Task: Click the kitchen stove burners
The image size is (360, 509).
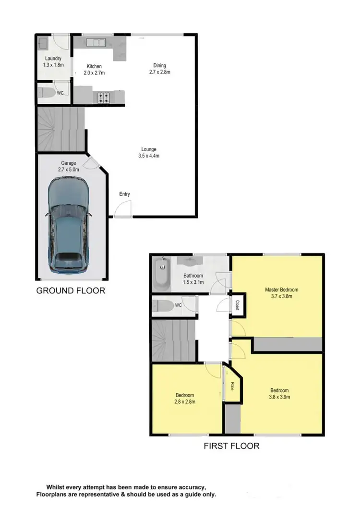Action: (103, 98)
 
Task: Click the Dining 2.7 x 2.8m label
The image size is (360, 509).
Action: (160, 69)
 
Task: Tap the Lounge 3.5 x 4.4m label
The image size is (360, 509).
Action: (148, 152)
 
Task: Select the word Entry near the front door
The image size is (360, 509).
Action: (125, 194)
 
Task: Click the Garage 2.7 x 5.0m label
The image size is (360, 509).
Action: (68, 166)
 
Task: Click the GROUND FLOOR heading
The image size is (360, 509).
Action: (71, 291)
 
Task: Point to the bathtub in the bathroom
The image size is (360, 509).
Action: (162, 275)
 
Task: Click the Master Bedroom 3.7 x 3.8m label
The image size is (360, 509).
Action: (282, 293)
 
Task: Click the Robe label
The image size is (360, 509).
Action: (231, 385)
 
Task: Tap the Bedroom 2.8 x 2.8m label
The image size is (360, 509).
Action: (185, 398)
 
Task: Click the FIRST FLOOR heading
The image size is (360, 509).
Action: (231, 446)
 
